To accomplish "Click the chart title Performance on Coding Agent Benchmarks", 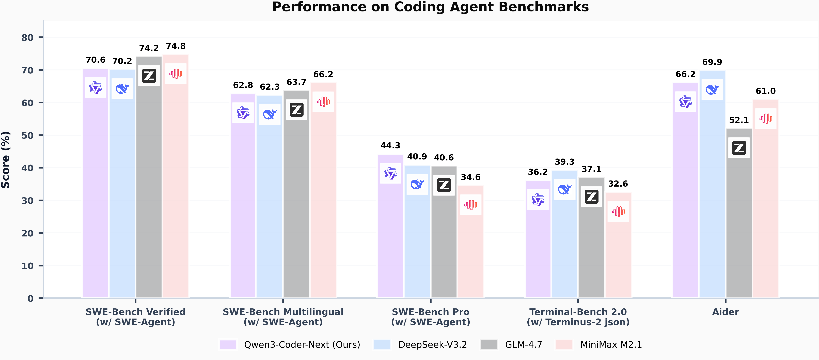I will (x=430, y=7).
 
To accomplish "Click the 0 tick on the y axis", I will (x=30, y=298).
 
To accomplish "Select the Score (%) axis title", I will (x=6, y=160).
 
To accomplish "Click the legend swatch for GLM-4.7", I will (x=489, y=345).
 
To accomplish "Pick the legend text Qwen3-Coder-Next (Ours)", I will (x=302, y=345).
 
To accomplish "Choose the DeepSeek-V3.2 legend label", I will (x=432, y=345).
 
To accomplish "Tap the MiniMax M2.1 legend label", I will (x=611, y=345).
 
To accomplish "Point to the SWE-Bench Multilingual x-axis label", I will (x=283, y=312).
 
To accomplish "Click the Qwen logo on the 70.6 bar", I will (x=95, y=87).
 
